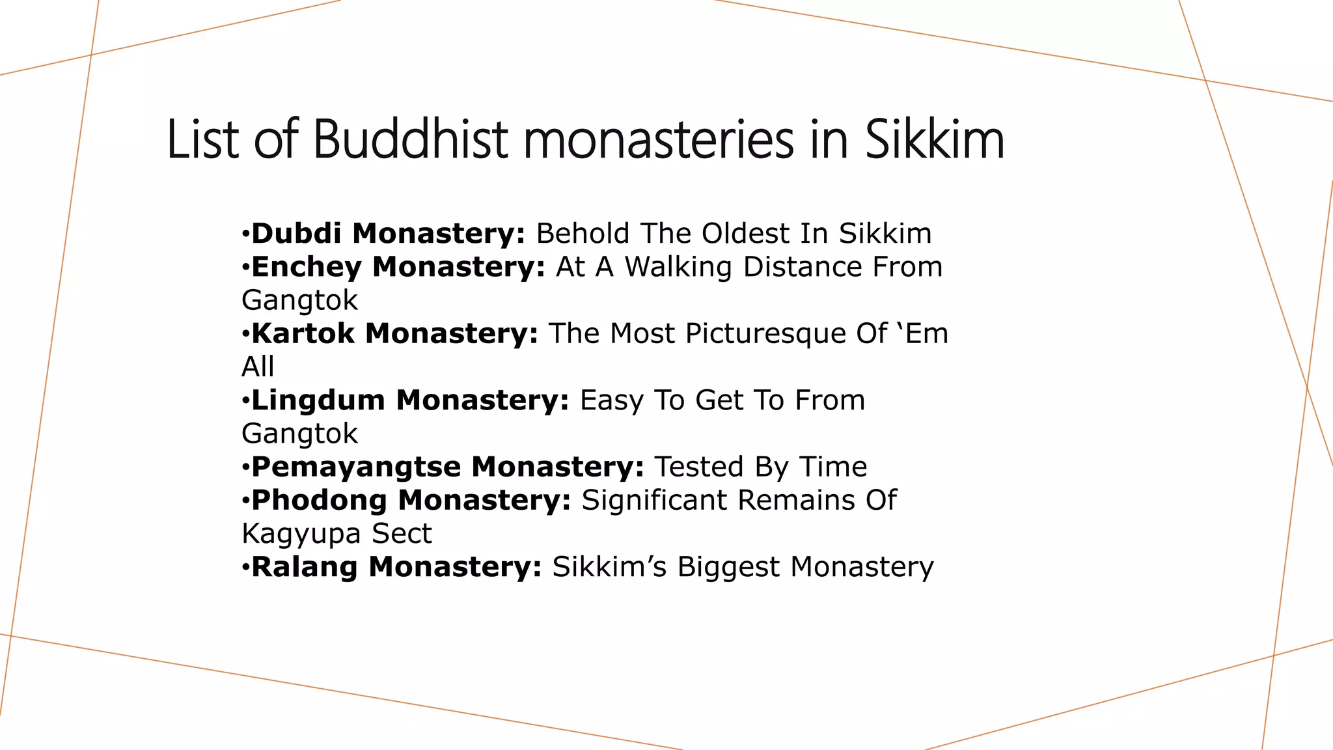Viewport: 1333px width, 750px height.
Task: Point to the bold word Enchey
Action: [x=306, y=267]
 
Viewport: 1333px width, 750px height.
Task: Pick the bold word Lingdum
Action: [x=318, y=400]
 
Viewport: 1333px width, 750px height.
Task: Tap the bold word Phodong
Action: [x=319, y=500]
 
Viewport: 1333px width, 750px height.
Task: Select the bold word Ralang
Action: [x=304, y=566]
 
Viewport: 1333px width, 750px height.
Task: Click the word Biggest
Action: [x=728, y=566]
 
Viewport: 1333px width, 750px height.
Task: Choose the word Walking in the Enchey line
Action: [x=678, y=267]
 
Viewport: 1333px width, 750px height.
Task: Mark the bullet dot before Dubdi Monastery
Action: [x=245, y=234]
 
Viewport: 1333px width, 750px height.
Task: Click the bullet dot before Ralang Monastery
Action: [x=245, y=567]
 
